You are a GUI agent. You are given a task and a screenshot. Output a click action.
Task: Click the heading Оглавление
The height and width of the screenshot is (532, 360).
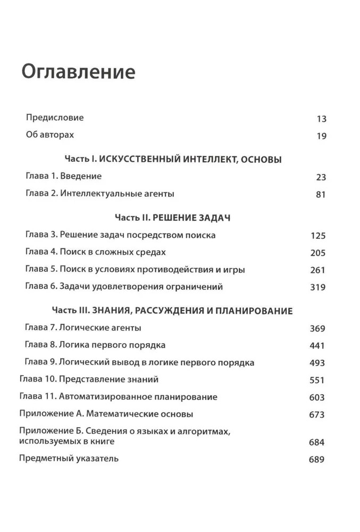78,71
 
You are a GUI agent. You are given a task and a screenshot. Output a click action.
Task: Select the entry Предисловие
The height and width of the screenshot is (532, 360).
55,118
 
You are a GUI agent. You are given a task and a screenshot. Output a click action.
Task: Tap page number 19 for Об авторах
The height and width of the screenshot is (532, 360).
321,136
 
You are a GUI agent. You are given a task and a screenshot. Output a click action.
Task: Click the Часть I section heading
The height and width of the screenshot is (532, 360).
173,159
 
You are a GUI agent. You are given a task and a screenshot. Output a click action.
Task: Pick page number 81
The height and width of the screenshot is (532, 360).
321,194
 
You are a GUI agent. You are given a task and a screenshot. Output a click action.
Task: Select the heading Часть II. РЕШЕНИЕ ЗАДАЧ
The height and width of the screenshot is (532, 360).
172,218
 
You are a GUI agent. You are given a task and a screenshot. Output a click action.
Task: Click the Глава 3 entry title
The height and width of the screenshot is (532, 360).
121,235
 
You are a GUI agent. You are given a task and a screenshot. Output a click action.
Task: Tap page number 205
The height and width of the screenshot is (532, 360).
317,253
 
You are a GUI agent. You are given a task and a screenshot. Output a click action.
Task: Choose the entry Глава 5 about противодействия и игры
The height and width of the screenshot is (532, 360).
135,269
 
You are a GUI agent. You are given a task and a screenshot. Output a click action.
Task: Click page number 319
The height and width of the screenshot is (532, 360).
317,287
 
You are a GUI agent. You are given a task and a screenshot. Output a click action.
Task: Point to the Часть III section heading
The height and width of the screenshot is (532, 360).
172,311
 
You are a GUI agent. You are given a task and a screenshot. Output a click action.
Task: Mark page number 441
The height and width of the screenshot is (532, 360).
317,346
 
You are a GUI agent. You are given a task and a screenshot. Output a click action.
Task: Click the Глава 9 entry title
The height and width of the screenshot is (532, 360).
139,362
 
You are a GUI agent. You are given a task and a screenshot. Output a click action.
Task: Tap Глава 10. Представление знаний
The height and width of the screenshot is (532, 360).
89,380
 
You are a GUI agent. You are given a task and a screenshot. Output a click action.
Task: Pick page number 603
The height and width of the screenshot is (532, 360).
317,397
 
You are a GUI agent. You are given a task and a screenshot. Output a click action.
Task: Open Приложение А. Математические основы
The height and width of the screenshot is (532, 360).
106,413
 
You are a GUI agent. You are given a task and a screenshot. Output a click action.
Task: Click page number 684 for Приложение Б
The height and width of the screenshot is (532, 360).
317,442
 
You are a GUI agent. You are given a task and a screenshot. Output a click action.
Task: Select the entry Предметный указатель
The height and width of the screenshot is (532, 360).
69,458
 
